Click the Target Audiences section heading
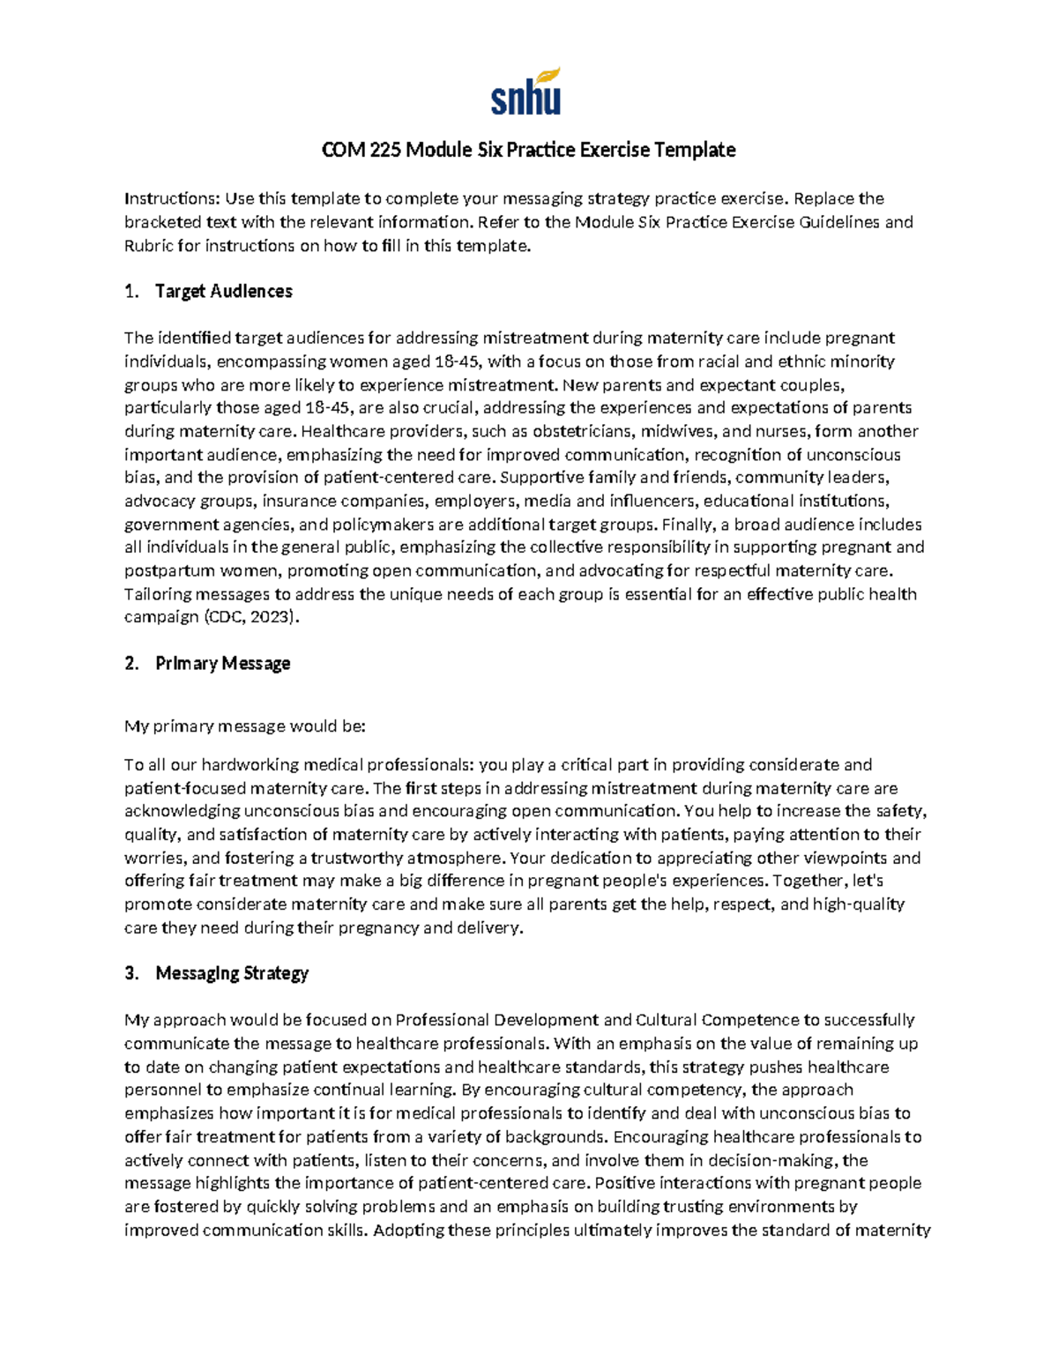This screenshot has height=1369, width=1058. (x=224, y=292)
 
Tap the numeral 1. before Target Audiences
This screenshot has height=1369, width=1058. (x=132, y=292)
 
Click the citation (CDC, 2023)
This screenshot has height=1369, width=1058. (x=251, y=618)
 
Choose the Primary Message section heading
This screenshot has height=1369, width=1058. (x=223, y=664)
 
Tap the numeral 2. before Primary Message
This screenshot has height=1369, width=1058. (x=132, y=664)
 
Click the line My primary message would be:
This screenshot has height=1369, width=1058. (x=245, y=727)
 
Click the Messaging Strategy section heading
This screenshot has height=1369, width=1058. (x=232, y=974)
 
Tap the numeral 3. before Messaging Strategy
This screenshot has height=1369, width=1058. (x=132, y=974)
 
